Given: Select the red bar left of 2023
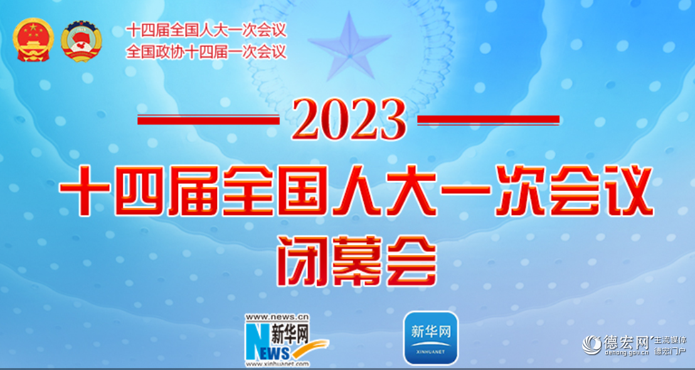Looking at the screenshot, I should click(x=208, y=119).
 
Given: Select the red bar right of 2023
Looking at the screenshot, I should click(x=488, y=119).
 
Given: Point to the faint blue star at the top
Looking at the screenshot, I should click(x=349, y=47).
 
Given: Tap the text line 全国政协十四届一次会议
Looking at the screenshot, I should click(x=206, y=51).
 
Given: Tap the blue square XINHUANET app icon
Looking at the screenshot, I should click(x=430, y=337).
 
